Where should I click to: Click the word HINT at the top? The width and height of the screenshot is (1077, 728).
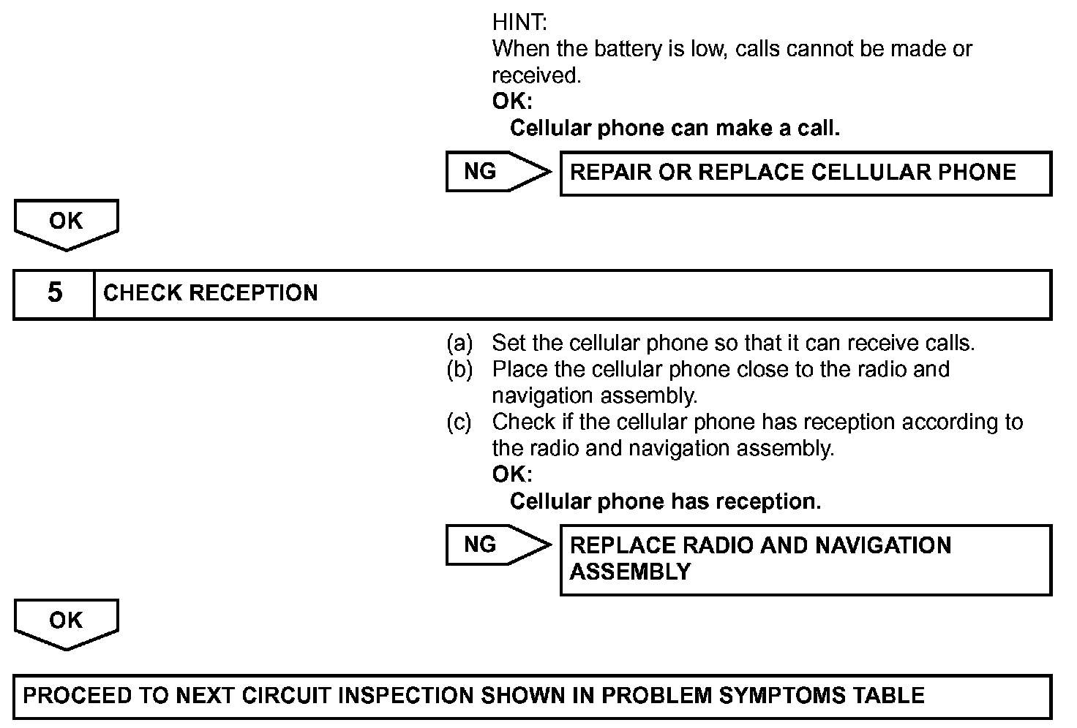(519, 22)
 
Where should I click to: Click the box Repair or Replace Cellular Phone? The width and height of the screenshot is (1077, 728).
(805, 173)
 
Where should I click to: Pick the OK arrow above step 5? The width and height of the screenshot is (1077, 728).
(66, 223)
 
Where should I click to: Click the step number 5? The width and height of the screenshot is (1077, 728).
(55, 294)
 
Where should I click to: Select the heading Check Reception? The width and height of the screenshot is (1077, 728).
(211, 294)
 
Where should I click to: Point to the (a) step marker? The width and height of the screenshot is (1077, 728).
(459, 343)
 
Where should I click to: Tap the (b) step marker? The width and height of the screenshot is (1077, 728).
(459, 369)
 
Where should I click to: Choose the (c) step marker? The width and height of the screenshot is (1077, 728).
(459, 422)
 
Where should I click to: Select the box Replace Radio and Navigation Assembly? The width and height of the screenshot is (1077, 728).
(805, 559)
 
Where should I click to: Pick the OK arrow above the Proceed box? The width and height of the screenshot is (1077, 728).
(66, 623)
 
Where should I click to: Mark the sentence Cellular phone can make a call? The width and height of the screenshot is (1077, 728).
(675, 129)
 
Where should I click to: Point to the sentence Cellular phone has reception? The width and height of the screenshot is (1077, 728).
(665, 501)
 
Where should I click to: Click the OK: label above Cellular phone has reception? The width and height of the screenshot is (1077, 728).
(512, 474)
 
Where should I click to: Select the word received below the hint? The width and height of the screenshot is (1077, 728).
(536, 75)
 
